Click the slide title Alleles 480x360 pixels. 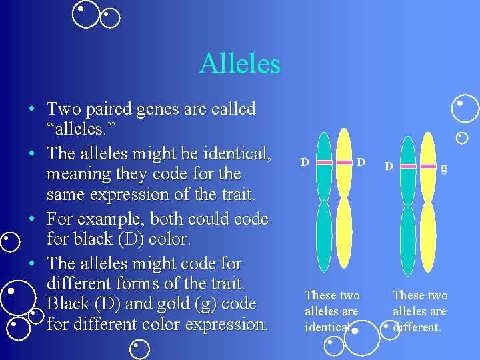click(x=239, y=64)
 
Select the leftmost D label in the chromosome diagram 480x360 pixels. click(x=304, y=162)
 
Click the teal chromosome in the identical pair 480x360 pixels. click(x=324, y=200)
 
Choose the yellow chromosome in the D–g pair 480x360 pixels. click(x=427, y=200)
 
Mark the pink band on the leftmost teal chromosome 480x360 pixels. click(x=324, y=162)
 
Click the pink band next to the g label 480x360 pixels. click(x=427, y=166)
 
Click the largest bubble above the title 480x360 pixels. click(x=85, y=14)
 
